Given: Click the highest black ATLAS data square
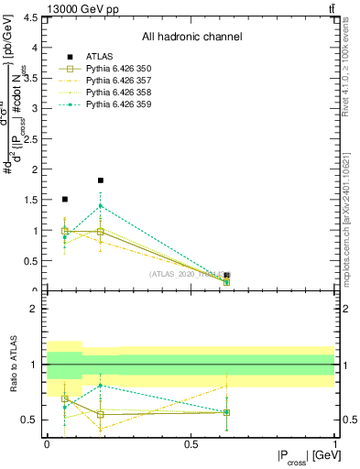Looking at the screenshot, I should [x=101, y=180].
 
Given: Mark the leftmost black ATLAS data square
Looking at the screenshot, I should [x=64, y=199].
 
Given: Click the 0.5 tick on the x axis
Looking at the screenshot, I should [x=191, y=444].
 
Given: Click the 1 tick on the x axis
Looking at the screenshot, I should [x=334, y=444].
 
